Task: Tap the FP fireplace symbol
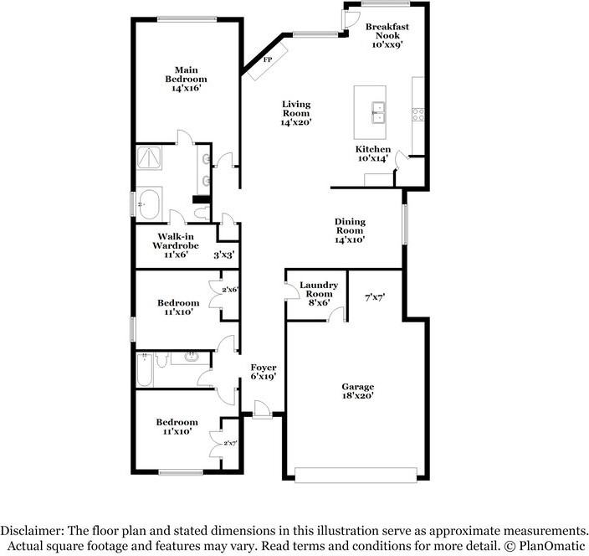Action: [268, 61]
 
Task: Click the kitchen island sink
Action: [378, 111]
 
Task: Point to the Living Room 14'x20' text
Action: [296, 113]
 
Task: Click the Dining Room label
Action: [349, 230]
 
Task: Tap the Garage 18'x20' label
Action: [357, 391]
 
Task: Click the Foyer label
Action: [264, 372]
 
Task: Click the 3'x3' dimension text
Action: [223, 255]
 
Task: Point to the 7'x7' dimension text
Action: [374, 296]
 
